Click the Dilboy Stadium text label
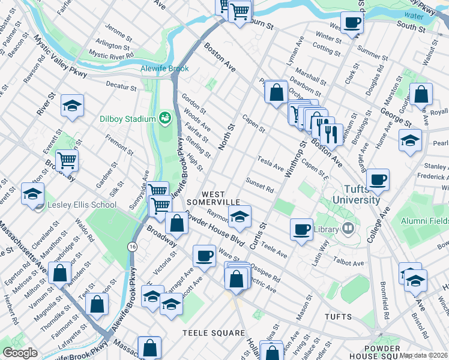pyautogui.click(x=127, y=119)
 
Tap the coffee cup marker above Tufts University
pyautogui.click(x=378, y=179)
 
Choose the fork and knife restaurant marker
pyautogui.click(x=331, y=134)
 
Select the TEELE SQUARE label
pyautogui.click(x=214, y=333)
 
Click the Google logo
pyautogui.click(x=20, y=353)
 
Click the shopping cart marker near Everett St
pyautogui.click(x=67, y=160)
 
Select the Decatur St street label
pyautogui.click(x=122, y=88)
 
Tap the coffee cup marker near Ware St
pyautogui.click(x=204, y=256)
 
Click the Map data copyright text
pyautogui.click(x=423, y=355)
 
